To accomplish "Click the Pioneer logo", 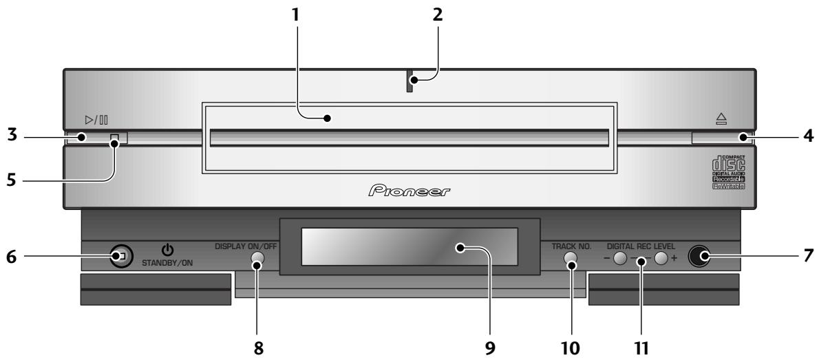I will [409, 189].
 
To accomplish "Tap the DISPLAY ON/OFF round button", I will [257, 260].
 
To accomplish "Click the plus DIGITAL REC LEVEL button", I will [662, 260].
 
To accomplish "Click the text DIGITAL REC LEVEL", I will [641, 245].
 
